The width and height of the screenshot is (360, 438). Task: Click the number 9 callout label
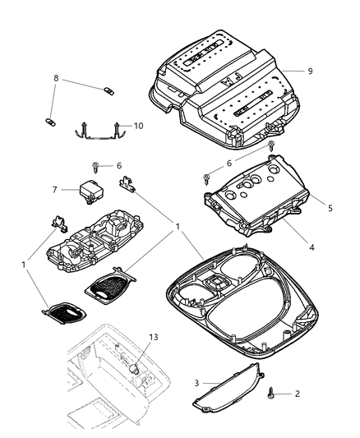310,71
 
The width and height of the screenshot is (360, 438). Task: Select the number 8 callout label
57,80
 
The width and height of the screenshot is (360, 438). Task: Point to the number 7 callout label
55,189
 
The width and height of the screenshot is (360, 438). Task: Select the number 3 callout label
196,382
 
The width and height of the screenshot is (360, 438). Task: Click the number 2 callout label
298,394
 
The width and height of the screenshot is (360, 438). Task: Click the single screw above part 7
96,167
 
